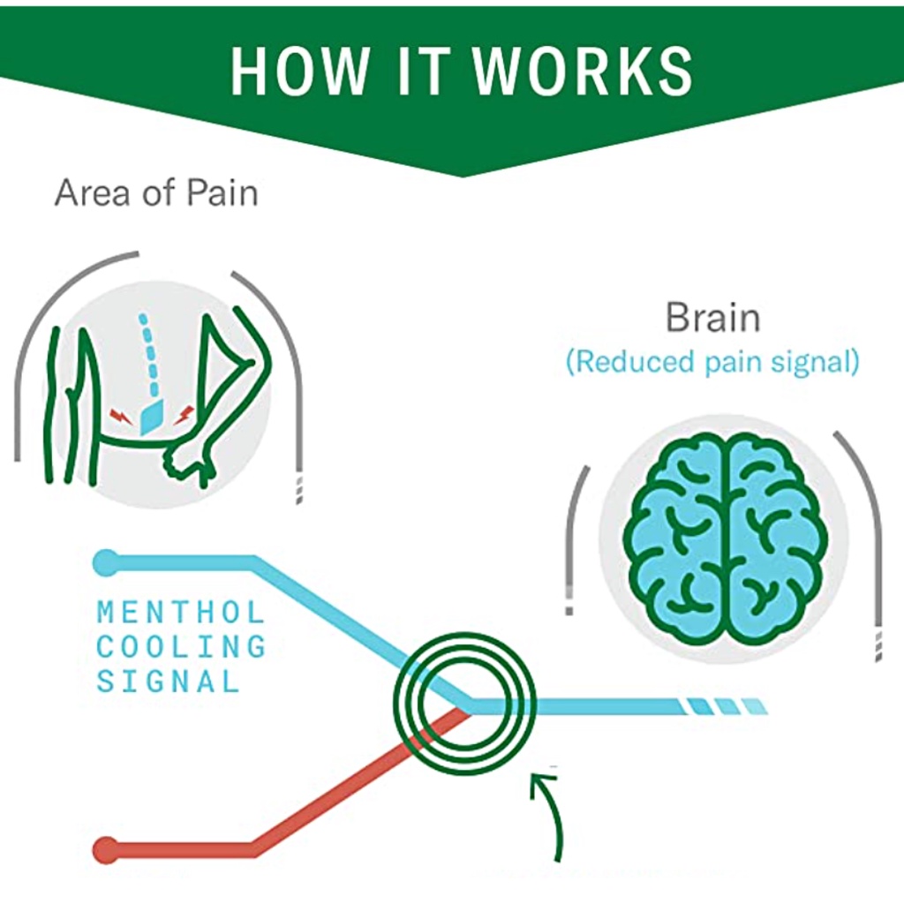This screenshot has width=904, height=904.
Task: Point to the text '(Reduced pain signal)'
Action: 712,362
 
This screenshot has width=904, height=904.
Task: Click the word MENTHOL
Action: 180,612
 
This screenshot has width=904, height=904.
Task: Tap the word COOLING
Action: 180,646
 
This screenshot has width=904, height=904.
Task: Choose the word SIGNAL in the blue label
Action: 168,681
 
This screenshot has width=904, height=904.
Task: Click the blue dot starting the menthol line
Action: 106,561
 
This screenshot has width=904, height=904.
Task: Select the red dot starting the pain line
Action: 106,849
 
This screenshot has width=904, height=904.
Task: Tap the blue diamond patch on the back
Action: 150,414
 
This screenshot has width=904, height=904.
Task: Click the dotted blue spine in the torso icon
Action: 150,353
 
